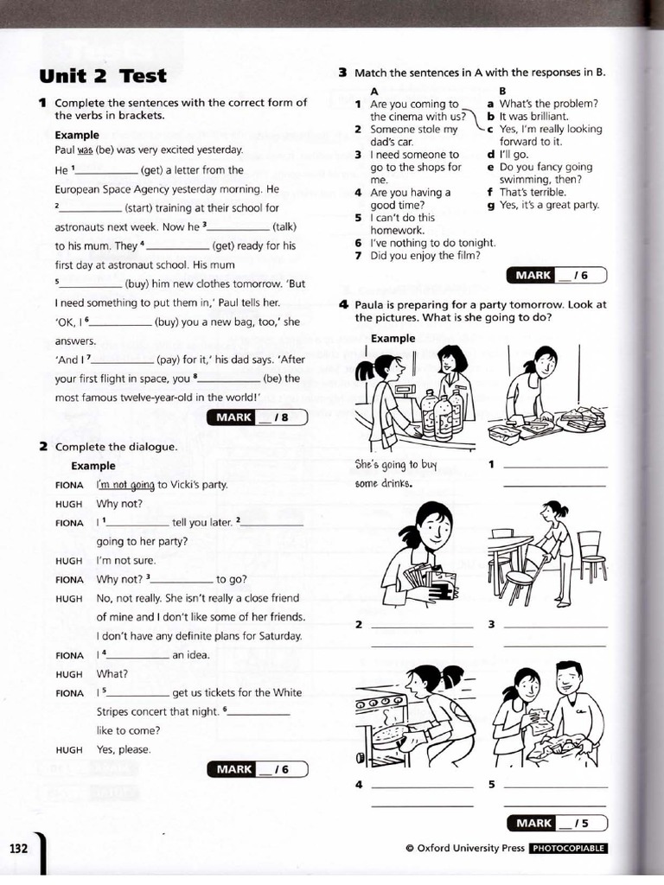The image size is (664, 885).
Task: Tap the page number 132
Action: [x=19, y=848]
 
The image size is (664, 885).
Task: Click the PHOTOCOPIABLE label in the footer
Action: [x=568, y=849]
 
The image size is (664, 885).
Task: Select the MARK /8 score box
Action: [x=257, y=417]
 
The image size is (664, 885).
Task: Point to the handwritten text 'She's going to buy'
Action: [x=397, y=465]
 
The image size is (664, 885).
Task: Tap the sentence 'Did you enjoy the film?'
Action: [x=425, y=255]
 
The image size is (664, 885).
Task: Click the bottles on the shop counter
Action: [x=441, y=413]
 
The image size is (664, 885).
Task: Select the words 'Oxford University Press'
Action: [x=470, y=849]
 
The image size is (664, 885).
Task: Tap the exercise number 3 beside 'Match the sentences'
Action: [x=342, y=73]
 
